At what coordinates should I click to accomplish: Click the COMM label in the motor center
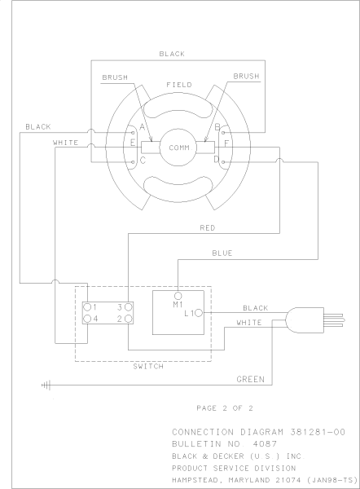click(179, 148)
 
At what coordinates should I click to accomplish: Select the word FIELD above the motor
click(178, 85)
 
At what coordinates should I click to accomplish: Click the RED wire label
click(207, 228)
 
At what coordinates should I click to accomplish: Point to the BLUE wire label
click(222, 253)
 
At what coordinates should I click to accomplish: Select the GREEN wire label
click(249, 379)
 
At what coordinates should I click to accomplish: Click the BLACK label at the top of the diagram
click(172, 54)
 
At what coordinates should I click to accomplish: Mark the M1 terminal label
click(178, 304)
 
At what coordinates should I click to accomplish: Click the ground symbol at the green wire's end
click(46, 384)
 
